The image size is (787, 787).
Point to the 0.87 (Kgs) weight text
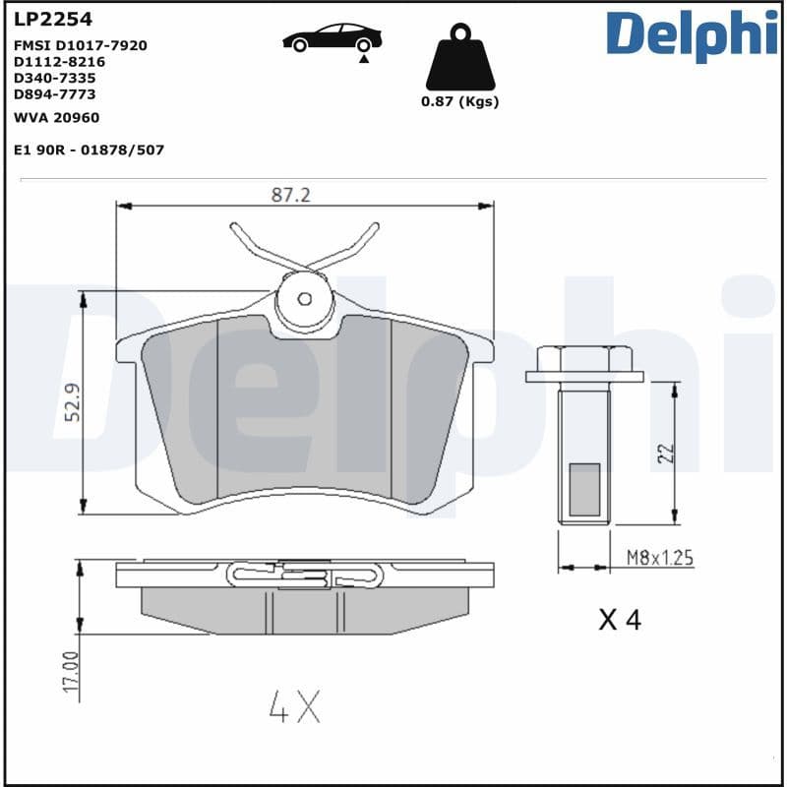click(459, 102)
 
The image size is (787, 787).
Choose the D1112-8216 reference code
click(59, 61)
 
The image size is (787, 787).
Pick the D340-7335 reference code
click(55, 77)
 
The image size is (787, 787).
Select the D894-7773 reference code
click(55, 93)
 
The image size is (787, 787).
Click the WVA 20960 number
click(56, 117)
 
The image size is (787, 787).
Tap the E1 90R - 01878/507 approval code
click(89, 150)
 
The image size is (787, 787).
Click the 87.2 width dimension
click(290, 195)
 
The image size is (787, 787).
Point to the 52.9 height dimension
click(72, 403)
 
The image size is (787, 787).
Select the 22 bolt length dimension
click(665, 453)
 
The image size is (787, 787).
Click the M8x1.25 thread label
click(660, 558)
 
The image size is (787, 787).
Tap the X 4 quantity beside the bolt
click(620, 620)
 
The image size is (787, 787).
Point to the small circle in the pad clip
click(305, 298)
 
